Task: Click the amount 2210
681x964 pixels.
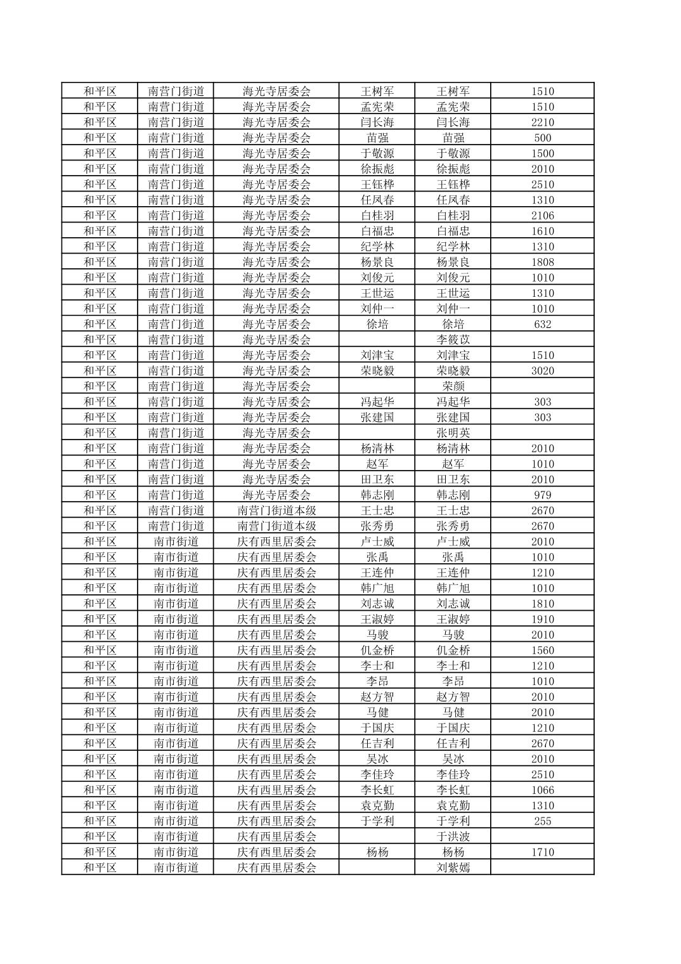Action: tap(542, 122)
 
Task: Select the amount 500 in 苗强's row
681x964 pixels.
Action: tap(542, 138)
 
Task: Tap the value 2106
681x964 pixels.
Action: tap(542, 216)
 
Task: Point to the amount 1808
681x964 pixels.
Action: tap(542, 262)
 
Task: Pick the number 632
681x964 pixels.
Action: tap(542, 324)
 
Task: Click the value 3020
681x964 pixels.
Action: tap(542, 371)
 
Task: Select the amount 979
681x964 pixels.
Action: tap(542, 495)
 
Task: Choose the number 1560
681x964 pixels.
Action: tap(542, 651)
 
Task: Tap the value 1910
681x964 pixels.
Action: tap(542, 620)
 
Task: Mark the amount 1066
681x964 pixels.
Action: tap(542, 790)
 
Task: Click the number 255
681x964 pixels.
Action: tap(542, 821)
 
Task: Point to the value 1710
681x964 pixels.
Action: tap(542, 852)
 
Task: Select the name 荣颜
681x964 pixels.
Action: tap(453, 386)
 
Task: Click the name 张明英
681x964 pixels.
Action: tap(453, 433)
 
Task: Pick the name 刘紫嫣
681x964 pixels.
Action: tap(453, 868)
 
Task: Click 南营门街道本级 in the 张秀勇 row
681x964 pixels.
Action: tap(276, 526)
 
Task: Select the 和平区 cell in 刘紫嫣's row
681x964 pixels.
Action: tap(100, 868)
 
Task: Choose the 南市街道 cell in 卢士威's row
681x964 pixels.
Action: tap(176, 542)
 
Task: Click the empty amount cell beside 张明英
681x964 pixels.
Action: tap(542, 433)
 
